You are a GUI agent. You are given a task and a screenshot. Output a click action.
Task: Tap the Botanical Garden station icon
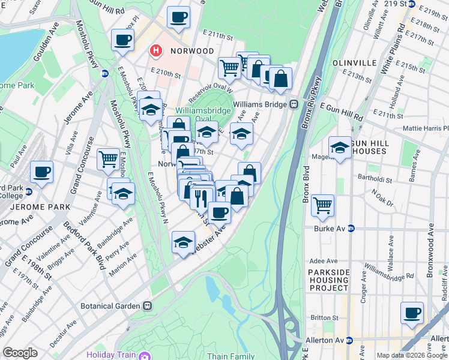pyautogui.click(x=148, y=305)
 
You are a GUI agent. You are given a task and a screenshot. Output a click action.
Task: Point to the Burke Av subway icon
pyautogui.click(x=351, y=229)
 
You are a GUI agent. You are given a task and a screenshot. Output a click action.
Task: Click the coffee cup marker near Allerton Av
pyautogui.click(x=412, y=313)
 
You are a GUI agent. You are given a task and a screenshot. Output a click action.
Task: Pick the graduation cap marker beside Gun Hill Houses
pyautogui.click(x=340, y=148)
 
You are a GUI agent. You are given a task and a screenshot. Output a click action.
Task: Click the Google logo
pyautogui.click(x=20, y=353)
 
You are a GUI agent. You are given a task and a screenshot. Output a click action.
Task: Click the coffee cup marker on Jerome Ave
pyautogui.click(x=42, y=172)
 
